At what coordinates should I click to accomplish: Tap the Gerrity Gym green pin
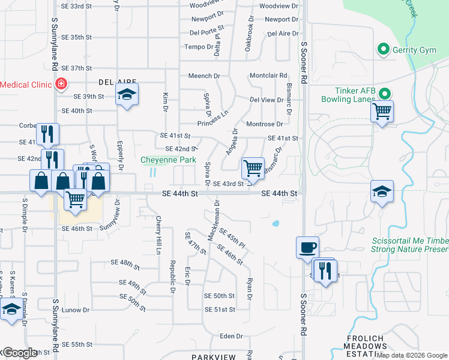pos(382,50)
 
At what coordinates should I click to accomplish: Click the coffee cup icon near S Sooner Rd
pos(307,247)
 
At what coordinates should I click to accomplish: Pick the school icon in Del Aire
pos(127,94)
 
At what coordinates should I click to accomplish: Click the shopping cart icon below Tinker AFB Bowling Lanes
pos(382,110)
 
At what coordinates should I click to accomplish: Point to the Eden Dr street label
pos(231,337)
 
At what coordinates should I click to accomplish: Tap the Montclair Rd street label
pos(268,76)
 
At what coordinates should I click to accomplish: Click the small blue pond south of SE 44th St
pos(275,224)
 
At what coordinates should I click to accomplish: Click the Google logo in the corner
pos(19,352)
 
